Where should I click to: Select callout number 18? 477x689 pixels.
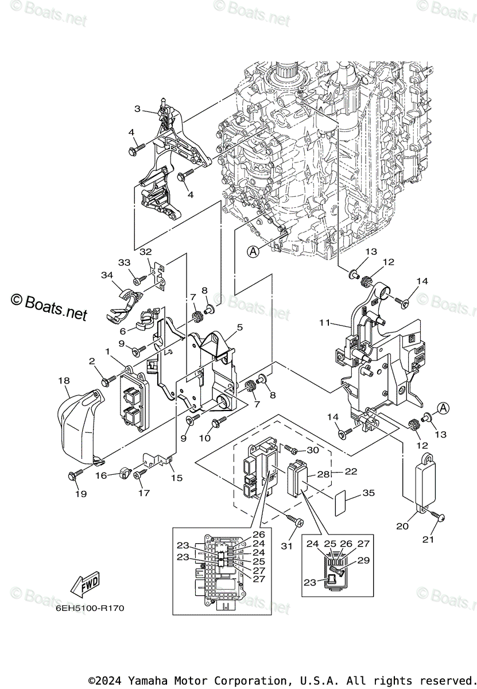(64, 380)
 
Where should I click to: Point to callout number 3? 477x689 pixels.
(138, 109)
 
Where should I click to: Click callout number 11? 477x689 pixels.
(325, 323)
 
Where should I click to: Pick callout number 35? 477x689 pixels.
(369, 493)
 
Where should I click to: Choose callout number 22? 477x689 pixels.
(351, 471)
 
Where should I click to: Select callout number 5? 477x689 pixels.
(239, 327)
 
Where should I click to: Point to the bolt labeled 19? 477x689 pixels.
(76, 474)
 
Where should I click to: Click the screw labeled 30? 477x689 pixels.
(289, 448)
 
